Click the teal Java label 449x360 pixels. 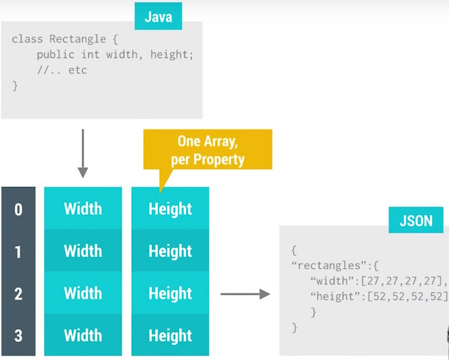(x=158, y=16)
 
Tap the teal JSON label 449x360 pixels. (x=415, y=221)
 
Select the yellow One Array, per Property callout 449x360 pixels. (x=207, y=150)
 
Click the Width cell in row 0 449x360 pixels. (x=83, y=209)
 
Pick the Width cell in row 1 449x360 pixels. (x=83, y=251)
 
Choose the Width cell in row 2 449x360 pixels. (x=83, y=293)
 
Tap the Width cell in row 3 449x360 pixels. (x=83, y=335)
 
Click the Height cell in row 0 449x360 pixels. (x=170, y=209)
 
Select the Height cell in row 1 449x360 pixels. (x=170, y=251)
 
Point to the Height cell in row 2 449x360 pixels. (x=170, y=293)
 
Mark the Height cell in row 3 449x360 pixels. (x=170, y=335)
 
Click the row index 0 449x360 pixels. (x=18, y=209)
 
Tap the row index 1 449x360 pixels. (x=18, y=251)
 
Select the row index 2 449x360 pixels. (x=18, y=293)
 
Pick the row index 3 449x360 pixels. (x=18, y=335)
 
